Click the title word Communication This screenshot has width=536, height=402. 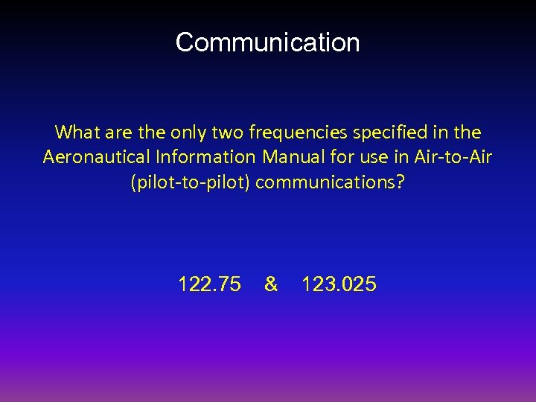(267, 42)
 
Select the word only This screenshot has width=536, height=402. (186, 133)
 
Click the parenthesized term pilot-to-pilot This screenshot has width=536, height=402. (191, 182)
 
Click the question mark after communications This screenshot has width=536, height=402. (401, 182)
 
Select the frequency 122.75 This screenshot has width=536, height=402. (209, 284)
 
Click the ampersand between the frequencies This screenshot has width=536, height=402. (271, 284)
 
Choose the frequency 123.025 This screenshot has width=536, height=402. (339, 284)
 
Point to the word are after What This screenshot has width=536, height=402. (114, 133)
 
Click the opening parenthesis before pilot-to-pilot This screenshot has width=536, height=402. (133, 183)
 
